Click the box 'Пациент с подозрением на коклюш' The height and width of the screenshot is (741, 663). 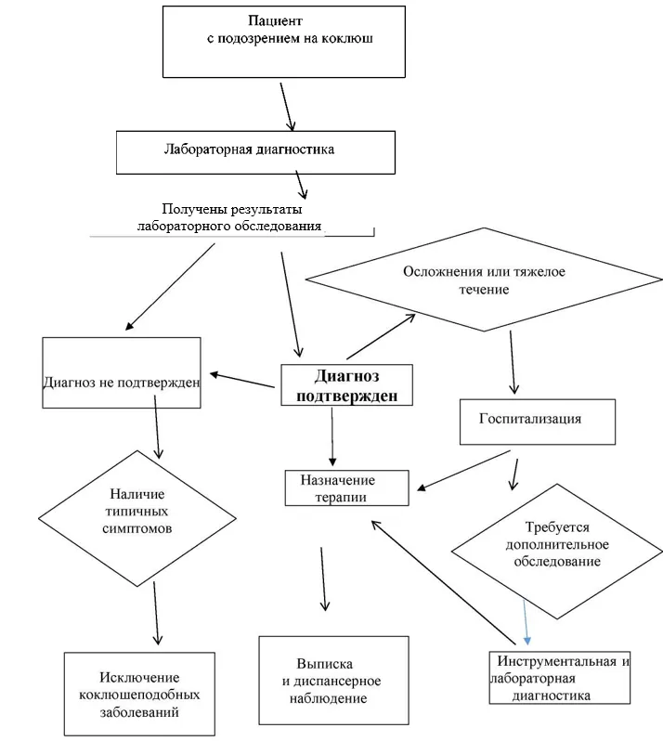click(284, 42)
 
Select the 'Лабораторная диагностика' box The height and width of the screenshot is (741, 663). click(255, 152)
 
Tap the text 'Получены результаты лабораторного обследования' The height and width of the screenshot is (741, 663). click(229, 217)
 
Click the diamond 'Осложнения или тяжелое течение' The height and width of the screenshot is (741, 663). click(484, 279)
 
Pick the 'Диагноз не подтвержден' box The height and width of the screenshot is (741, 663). click(122, 372)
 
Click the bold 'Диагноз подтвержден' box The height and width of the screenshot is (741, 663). click(347, 384)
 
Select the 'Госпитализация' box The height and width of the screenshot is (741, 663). click(538, 422)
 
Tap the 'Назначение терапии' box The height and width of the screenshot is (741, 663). click(347, 487)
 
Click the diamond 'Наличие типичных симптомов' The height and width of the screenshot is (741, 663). click(137, 518)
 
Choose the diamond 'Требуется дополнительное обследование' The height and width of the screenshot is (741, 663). click(557, 551)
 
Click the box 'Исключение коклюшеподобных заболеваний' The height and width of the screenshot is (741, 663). click(139, 694)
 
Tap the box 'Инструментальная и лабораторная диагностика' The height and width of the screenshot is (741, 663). click(560, 678)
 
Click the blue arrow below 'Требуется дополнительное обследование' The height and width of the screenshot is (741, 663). click(526, 622)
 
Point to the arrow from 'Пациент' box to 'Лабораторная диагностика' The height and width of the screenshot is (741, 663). click(287, 107)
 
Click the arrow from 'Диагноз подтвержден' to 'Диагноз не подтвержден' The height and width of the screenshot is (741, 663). click(242, 381)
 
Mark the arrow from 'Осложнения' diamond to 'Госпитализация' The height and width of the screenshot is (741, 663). click(513, 362)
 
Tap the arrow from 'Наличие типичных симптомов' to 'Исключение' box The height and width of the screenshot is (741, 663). click(156, 614)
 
